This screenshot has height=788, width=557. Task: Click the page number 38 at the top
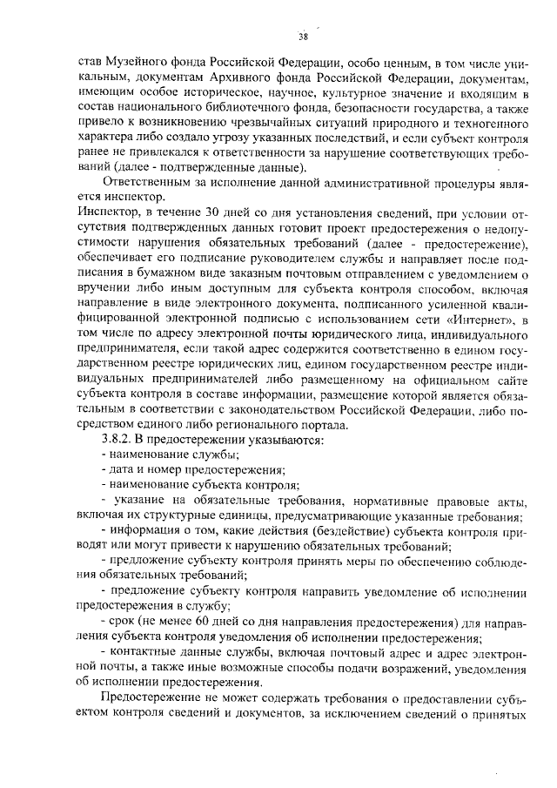pos(302,36)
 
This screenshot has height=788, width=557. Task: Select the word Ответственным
pos(148,183)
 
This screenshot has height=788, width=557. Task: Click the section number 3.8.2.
pos(118,440)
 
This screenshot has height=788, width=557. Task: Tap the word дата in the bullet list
pos(125,470)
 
